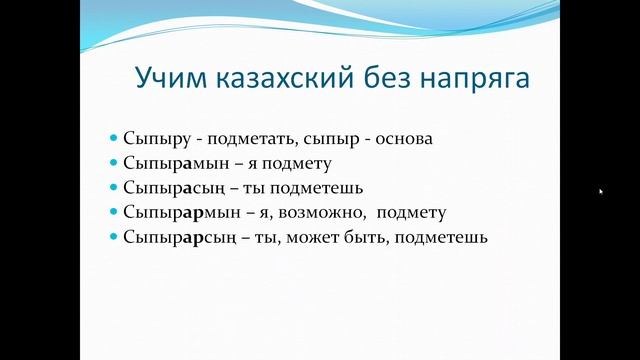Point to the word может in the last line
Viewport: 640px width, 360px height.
pos(315,237)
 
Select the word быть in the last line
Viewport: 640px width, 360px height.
pos(367,237)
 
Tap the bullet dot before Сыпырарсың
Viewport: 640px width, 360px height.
pos(114,237)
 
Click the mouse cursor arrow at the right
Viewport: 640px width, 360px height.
pos(601,191)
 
